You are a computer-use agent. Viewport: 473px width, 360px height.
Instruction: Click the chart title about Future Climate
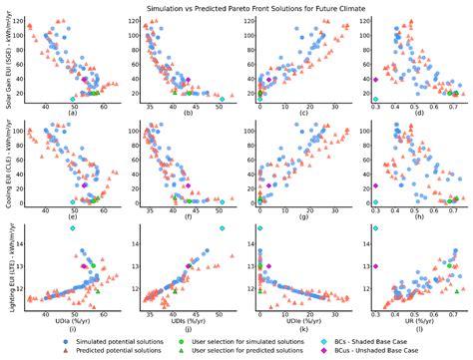236,6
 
